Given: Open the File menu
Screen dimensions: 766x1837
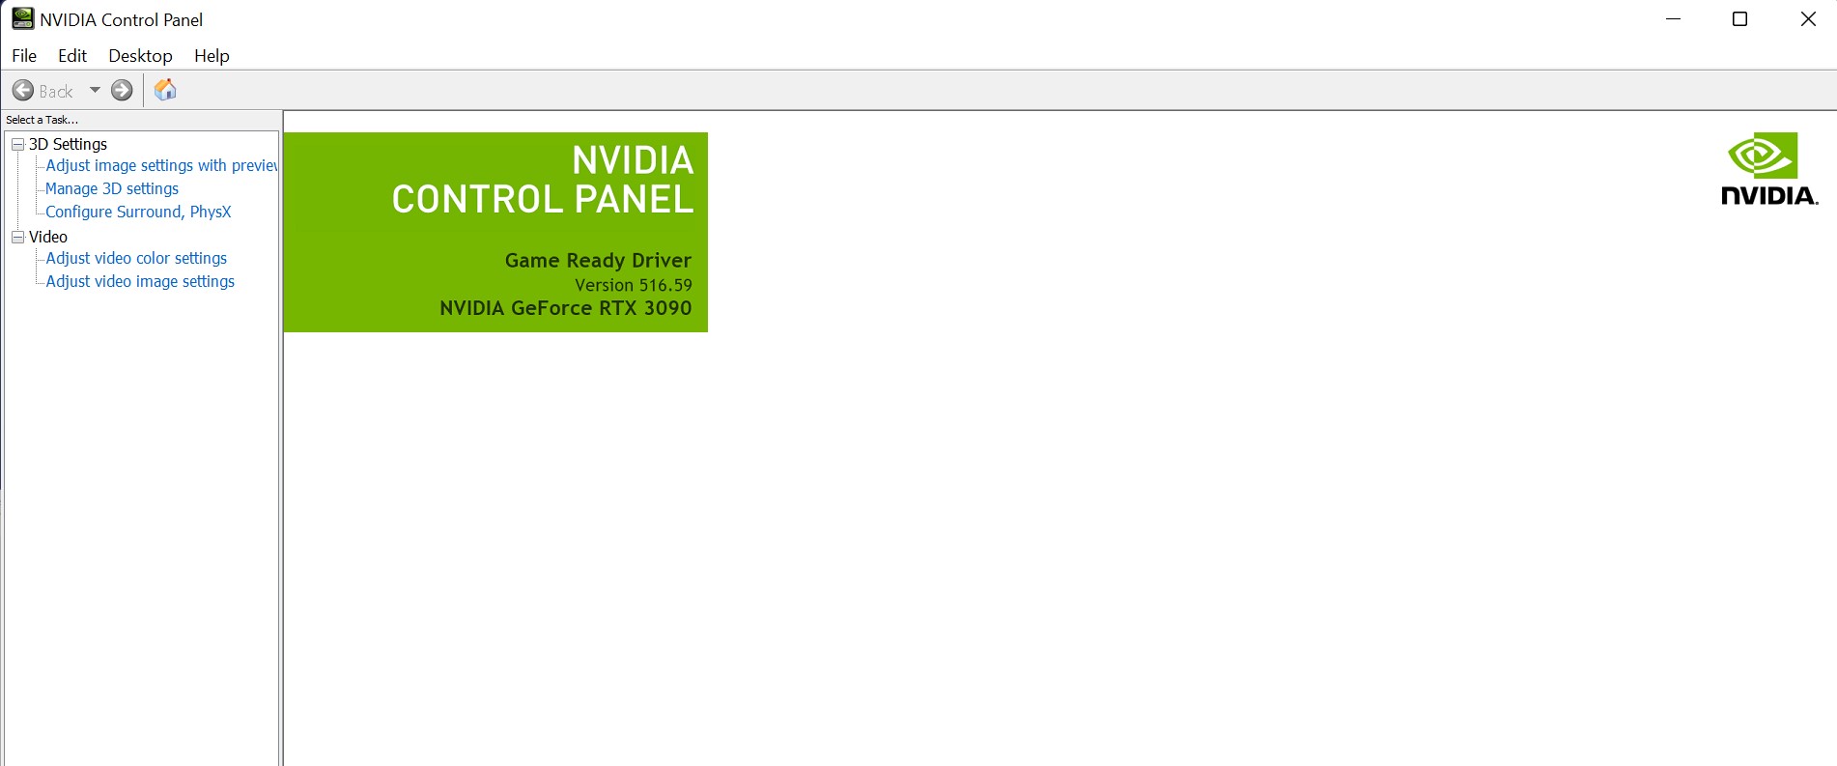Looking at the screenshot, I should tap(24, 56).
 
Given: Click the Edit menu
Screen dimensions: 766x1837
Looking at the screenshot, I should tap(72, 56).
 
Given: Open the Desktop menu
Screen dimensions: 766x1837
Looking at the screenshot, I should tap(140, 56).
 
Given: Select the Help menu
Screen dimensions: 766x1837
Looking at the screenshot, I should tap(212, 56).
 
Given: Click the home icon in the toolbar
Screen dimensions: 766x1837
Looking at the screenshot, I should tap(165, 90).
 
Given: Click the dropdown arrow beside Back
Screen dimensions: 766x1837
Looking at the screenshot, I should tap(95, 90).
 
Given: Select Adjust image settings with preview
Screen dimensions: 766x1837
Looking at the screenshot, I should tap(160, 165).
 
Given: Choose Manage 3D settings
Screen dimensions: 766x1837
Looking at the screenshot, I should tap(112, 188).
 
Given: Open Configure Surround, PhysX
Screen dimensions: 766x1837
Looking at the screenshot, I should tap(138, 212).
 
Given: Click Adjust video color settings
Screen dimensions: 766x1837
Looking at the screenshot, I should tap(136, 258).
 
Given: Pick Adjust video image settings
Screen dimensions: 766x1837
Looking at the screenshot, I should tap(140, 281).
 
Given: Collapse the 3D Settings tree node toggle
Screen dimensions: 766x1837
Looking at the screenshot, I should tap(17, 144).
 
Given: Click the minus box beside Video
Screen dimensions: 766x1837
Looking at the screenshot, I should tap(17, 237).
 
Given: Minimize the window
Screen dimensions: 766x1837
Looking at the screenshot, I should tap(1674, 19).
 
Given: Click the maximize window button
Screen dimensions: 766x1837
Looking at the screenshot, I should tap(1739, 19).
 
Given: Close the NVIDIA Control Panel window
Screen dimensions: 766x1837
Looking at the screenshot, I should tap(1808, 19).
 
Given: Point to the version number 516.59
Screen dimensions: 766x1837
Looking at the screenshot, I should tap(665, 285).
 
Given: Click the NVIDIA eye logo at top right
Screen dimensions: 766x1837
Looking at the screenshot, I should tap(1763, 156).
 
